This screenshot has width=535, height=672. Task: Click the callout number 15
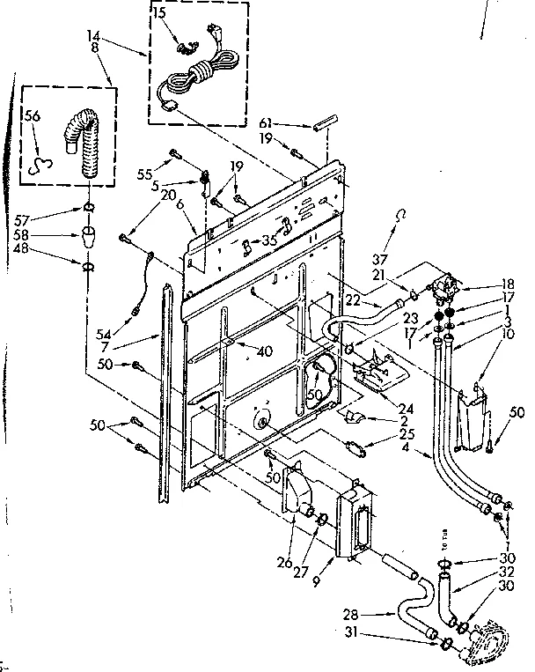coord(159,14)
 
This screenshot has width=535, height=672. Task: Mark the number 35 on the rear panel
coord(270,239)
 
